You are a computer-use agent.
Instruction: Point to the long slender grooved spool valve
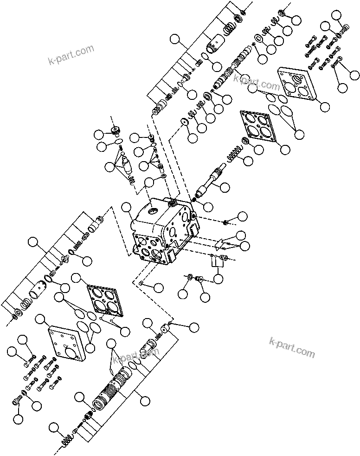click(x=232, y=70)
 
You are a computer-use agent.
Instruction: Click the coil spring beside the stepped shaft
click(x=235, y=155)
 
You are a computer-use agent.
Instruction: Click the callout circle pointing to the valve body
click(x=127, y=208)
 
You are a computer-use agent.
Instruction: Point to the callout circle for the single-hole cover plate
click(x=40, y=319)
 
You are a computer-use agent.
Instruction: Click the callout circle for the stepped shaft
click(x=225, y=187)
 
